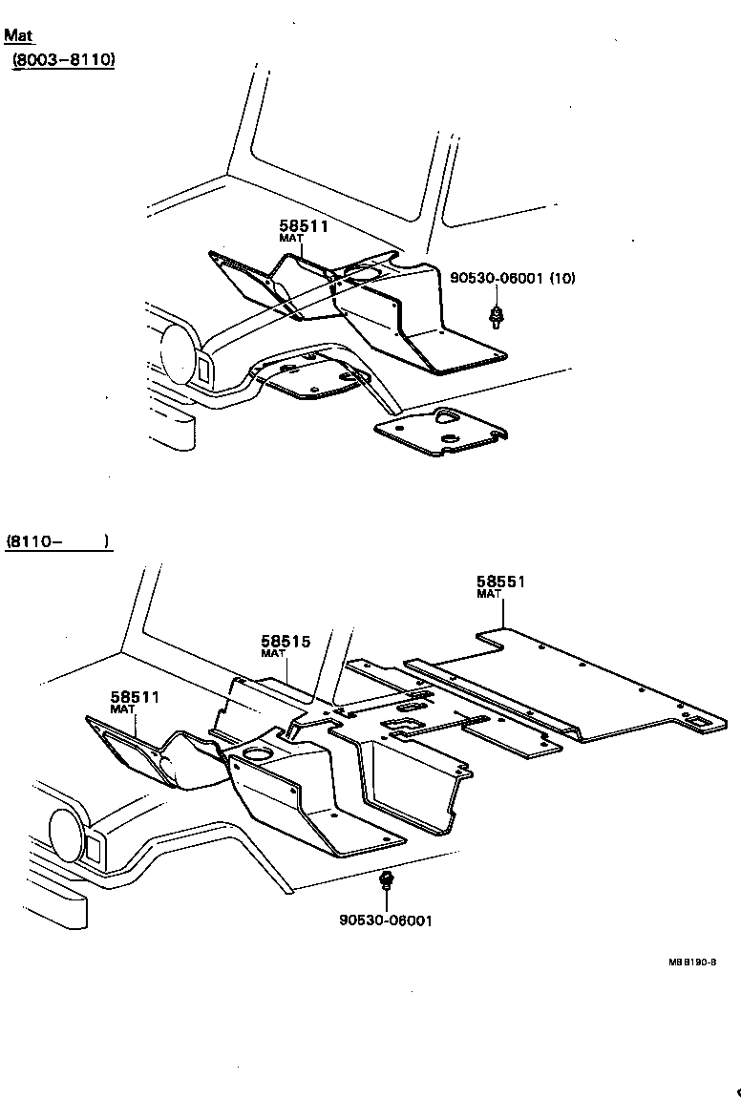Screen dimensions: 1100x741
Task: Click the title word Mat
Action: tap(18, 36)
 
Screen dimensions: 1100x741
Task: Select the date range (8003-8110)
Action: tap(64, 60)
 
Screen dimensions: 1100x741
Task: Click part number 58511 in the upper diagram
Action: tap(304, 226)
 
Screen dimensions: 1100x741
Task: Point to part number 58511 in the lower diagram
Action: tap(135, 698)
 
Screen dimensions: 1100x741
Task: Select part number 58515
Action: tap(286, 642)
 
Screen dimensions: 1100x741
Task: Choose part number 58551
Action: tap(501, 582)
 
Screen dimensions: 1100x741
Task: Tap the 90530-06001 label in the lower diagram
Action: tap(385, 920)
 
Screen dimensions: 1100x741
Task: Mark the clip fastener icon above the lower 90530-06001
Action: tap(386, 880)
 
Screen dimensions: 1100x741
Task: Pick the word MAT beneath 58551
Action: tap(489, 594)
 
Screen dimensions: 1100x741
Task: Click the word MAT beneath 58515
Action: tap(273, 654)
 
